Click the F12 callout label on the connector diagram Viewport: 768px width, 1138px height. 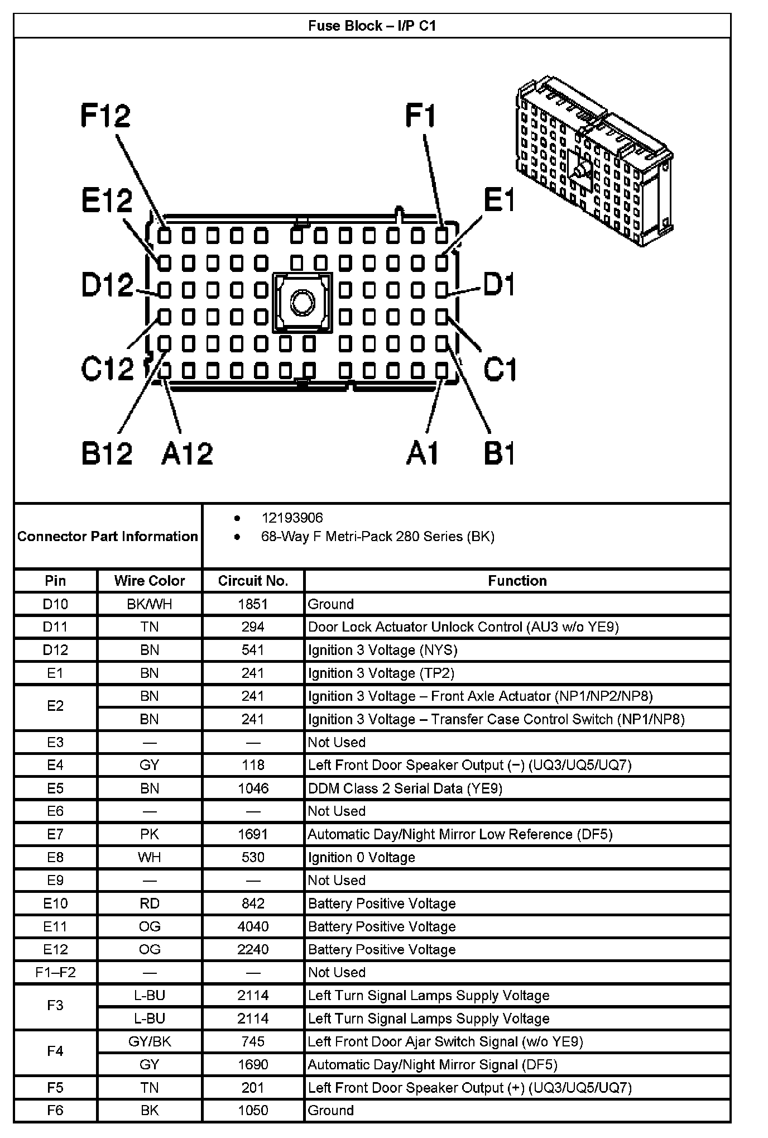[105, 116]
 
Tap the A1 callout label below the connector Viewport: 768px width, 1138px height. [423, 453]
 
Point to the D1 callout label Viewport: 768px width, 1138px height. [499, 285]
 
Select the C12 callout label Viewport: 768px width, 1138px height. [107, 369]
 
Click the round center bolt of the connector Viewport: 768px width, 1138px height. [303, 303]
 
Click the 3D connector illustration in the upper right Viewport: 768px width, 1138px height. [594, 162]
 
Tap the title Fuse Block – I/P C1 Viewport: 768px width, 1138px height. [372, 26]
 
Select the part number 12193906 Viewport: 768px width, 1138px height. [292, 518]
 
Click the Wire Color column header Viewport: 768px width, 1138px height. [150, 581]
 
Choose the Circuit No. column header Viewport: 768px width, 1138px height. [253, 581]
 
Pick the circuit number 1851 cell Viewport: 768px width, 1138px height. [253, 604]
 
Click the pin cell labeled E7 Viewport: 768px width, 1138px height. [55, 834]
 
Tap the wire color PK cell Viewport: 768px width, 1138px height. [150, 834]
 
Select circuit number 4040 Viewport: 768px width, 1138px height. [253, 926]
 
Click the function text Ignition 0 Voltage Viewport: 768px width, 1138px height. [362, 857]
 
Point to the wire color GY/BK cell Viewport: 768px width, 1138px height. [150, 1041]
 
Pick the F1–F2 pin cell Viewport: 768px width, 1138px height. [55, 972]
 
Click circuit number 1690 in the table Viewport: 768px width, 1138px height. [253, 1064]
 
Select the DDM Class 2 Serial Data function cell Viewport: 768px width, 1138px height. [405, 788]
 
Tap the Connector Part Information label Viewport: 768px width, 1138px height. [108, 537]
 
